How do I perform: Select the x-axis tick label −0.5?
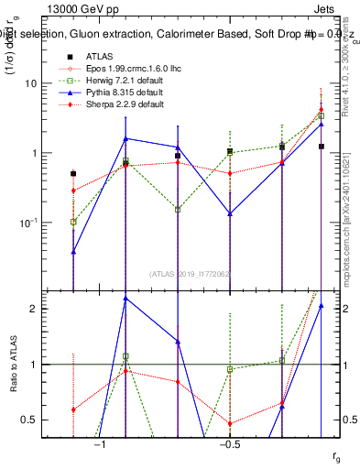coord(228,444)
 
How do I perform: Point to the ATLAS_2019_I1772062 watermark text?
coord(190,273)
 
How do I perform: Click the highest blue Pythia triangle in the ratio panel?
coord(125,299)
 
